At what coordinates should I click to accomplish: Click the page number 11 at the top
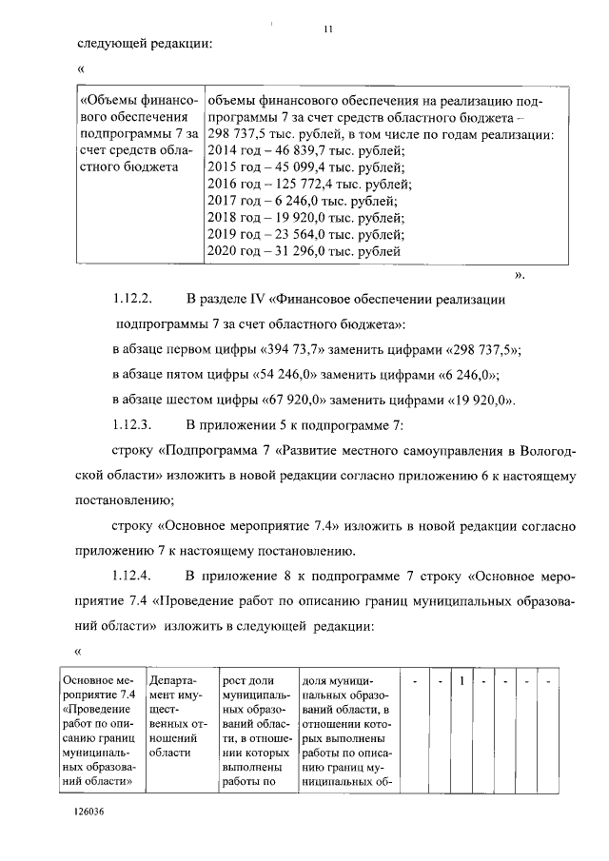pyautogui.click(x=327, y=28)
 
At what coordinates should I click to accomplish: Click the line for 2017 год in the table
pyautogui.click(x=302, y=201)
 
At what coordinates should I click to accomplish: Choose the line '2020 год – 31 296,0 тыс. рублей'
pyautogui.click(x=303, y=252)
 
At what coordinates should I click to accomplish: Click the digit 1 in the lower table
pyautogui.click(x=462, y=681)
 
